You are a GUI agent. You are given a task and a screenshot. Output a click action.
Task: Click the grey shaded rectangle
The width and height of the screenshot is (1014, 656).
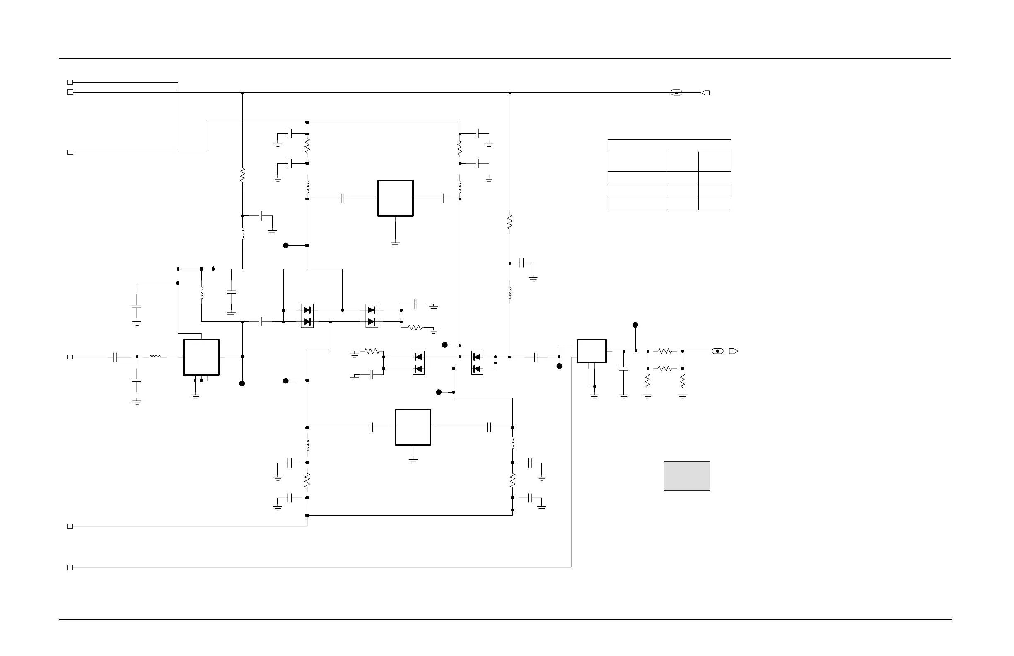pos(686,476)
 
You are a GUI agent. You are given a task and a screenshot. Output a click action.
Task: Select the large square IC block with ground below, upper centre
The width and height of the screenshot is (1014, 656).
pos(396,198)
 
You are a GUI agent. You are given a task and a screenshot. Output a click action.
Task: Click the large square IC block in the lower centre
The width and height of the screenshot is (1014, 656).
pos(413,427)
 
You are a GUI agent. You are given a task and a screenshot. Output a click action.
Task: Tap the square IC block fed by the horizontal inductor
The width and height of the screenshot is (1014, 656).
pos(201,357)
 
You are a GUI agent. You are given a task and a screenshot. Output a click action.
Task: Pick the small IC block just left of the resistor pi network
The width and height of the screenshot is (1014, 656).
pos(591,351)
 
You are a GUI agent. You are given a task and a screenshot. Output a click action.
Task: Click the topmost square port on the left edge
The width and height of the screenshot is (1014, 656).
pos(70,82)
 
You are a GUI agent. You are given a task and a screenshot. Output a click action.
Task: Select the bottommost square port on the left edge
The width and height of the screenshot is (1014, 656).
pos(70,567)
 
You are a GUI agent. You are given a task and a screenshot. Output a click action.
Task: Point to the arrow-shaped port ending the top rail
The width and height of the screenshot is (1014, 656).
pos(705,93)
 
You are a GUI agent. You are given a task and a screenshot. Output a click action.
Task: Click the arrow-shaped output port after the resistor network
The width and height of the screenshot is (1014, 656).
pos(733,352)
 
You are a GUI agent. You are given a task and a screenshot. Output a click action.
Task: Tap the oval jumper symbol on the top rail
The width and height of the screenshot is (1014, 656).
pos(676,93)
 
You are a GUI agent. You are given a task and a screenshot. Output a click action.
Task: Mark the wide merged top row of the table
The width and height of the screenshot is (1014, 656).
pos(669,145)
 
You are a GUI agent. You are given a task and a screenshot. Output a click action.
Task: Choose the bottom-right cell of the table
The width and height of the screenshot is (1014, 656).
pos(715,204)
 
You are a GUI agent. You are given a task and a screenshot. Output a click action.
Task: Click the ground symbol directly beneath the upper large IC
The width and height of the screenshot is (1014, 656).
pos(396,244)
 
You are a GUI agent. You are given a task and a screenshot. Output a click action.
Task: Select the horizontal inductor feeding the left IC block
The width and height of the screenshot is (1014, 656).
pos(155,357)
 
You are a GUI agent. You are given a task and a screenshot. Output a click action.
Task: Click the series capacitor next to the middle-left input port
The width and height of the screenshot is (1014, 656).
pos(115,357)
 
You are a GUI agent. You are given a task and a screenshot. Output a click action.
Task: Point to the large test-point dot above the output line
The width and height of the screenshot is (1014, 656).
pos(635,325)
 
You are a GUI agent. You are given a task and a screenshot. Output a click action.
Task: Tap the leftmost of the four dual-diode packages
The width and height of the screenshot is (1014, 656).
pos(307,316)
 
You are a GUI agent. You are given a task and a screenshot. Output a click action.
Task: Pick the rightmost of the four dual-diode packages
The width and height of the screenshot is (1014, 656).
pos(477,362)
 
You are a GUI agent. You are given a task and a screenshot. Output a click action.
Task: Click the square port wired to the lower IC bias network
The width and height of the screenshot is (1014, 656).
pos(70,526)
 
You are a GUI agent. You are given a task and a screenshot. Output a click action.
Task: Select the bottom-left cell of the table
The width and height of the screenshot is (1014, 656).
pos(637,204)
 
